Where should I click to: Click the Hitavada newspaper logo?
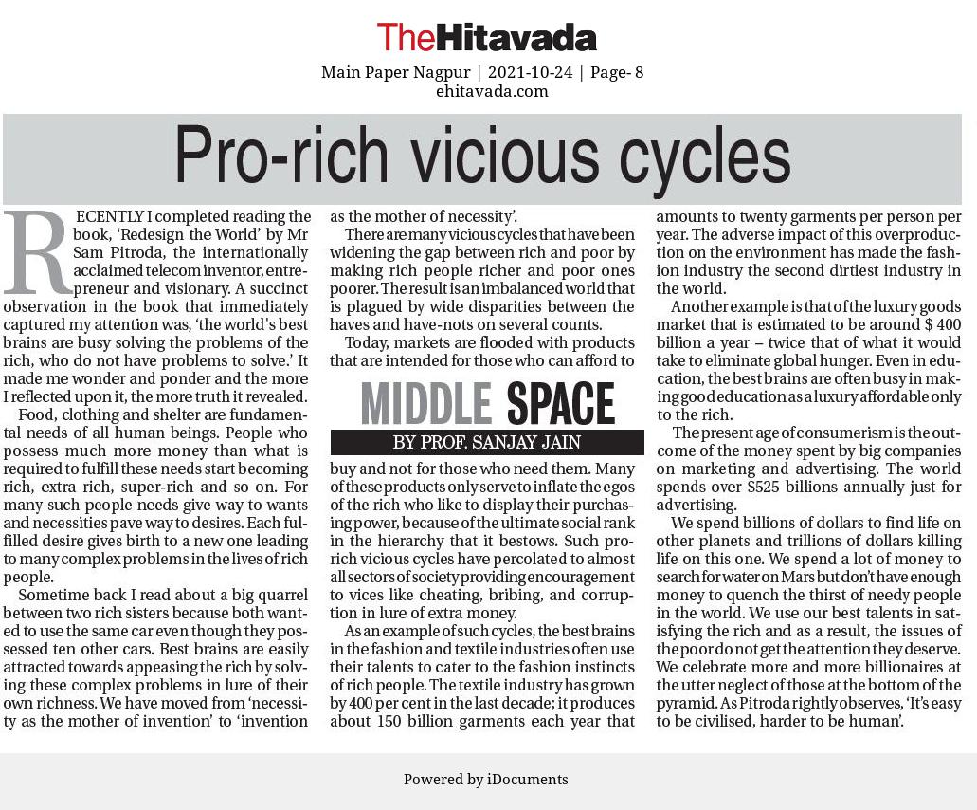point(486,37)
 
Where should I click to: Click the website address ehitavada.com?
point(492,91)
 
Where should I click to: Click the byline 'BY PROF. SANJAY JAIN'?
point(486,443)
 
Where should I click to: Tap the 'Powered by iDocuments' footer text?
point(486,780)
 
